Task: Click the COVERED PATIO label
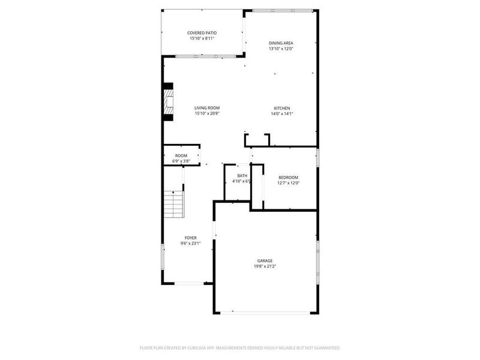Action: point(202,32)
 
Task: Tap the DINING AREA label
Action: point(281,43)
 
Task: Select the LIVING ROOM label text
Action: point(206,108)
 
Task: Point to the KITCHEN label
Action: point(283,108)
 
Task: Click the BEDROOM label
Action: point(289,177)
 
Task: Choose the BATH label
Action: point(242,175)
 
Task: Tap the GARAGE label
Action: point(266,260)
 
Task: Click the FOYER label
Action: point(190,238)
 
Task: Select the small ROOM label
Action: point(181,155)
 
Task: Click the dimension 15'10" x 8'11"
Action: point(202,38)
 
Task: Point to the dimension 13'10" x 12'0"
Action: point(281,49)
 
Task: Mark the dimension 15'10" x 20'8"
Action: point(206,113)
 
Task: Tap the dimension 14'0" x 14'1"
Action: point(283,113)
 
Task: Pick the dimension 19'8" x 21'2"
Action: point(266,266)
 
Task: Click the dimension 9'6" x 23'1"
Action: point(190,244)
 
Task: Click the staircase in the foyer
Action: point(174,204)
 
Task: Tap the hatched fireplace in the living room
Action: point(169,101)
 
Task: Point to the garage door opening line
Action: point(266,312)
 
